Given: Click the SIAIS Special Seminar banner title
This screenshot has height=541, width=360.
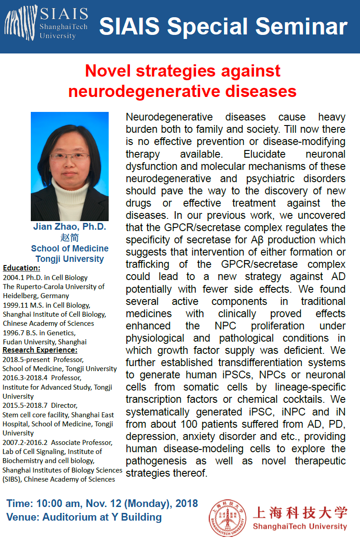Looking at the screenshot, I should point(223,27).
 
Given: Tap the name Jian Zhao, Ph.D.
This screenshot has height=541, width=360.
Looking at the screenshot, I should point(69,227).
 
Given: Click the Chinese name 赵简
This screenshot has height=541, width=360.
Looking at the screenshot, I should point(69,237).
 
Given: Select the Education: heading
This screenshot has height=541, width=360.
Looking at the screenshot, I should point(21,268).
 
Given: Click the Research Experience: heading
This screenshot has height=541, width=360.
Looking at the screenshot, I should point(40,350).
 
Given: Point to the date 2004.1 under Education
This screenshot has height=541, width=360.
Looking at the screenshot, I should point(12,277).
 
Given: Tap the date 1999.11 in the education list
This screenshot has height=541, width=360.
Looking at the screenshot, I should point(14,305).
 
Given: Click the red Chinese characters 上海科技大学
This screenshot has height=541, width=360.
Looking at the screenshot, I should point(299,512).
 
